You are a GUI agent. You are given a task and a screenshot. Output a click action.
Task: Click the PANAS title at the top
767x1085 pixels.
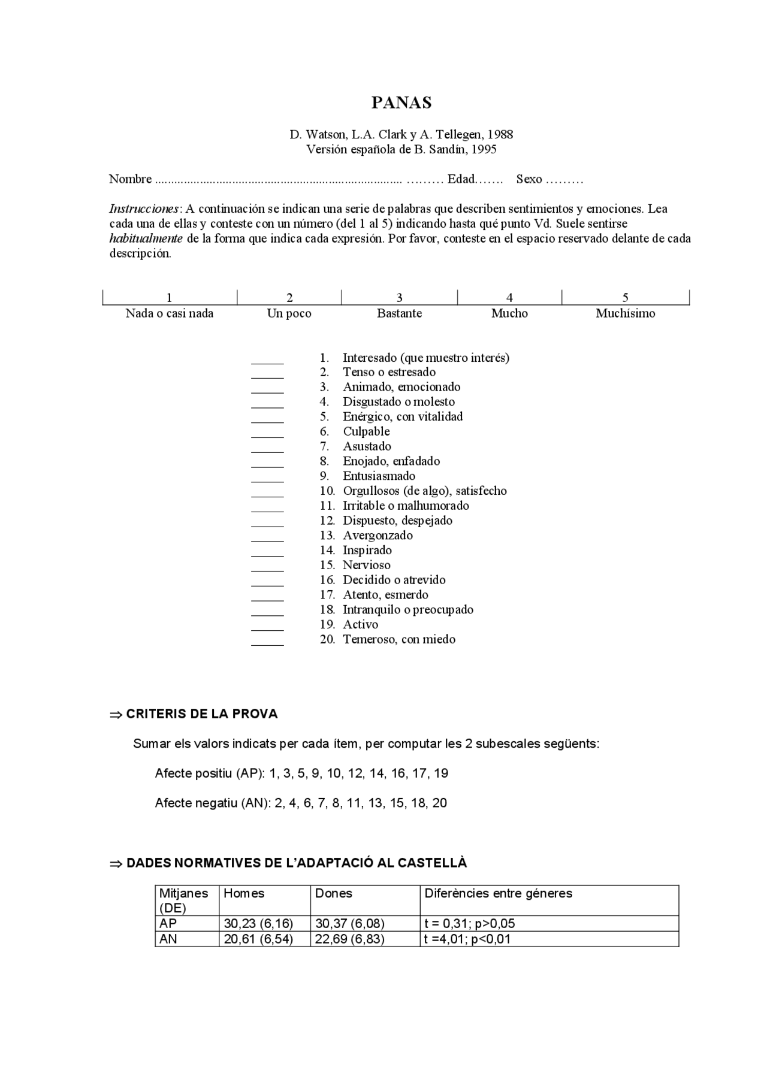coord(401,103)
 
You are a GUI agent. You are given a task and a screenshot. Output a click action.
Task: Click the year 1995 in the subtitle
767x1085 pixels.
coord(484,149)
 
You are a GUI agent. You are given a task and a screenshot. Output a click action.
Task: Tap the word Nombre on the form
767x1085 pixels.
coord(130,179)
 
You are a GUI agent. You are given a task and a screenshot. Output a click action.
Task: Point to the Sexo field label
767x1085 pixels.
coord(529,179)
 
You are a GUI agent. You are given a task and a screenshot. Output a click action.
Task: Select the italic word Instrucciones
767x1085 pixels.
coord(144,209)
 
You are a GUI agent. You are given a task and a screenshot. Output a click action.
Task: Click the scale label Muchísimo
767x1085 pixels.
coord(625,313)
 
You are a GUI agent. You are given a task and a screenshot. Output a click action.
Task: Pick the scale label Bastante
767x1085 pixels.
coord(399,313)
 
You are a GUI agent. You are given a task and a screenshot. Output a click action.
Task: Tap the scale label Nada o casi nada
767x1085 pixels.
coord(170,313)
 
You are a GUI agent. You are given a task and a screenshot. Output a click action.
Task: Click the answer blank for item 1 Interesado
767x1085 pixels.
coord(267,359)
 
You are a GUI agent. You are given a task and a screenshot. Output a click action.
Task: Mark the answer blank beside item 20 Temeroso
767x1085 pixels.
coord(267,641)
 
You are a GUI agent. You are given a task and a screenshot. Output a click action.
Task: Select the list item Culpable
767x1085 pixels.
coord(366,431)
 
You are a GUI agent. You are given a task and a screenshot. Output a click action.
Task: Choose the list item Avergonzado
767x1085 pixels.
coord(378,536)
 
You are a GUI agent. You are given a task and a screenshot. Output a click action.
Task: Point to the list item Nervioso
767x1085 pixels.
coord(366,565)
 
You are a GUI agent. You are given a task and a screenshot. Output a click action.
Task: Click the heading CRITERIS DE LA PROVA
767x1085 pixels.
coord(202,714)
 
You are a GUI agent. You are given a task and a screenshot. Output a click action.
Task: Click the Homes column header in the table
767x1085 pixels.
coord(244,893)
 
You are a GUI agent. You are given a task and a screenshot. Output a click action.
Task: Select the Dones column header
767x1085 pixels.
coord(334,893)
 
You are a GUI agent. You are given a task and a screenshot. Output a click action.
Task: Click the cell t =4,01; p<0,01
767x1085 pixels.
coord(467,939)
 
